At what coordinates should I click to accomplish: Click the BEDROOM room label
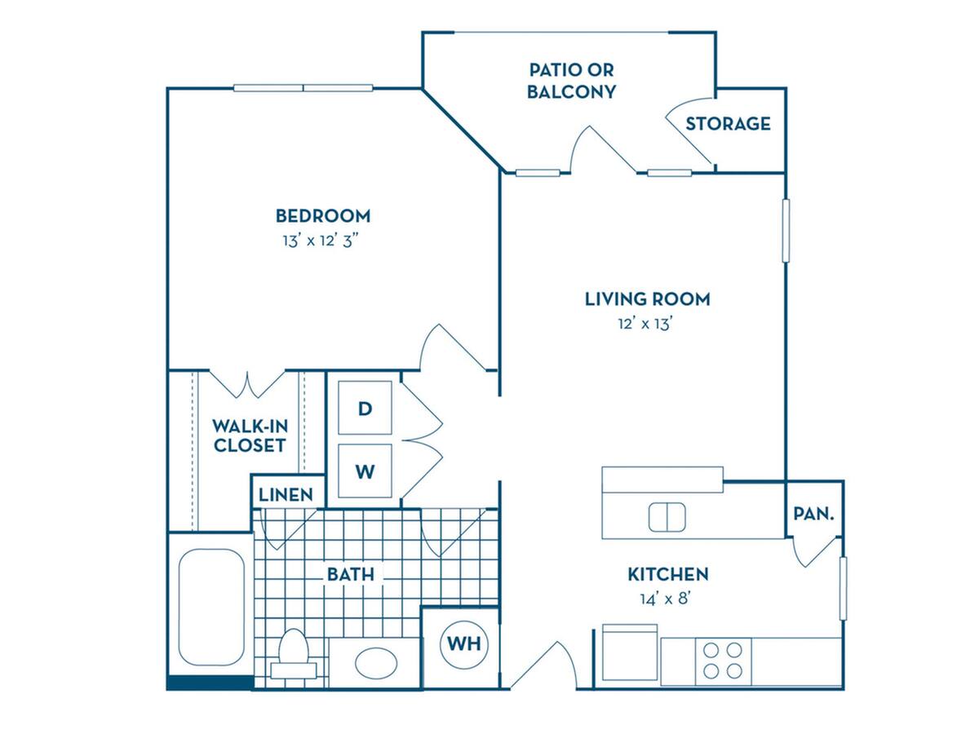click(323, 216)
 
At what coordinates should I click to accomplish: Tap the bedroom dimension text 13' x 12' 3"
click(321, 241)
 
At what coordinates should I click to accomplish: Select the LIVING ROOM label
click(648, 299)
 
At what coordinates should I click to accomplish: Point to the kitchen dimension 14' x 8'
click(666, 599)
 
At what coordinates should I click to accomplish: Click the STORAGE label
click(728, 124)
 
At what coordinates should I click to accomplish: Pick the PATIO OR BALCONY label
click(571, 81)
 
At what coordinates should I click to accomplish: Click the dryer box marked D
click(365, 407)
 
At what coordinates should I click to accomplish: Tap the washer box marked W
click(365, 471)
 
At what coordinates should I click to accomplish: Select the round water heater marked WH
click(464, 644)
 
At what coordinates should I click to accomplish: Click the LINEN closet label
click(286, 495)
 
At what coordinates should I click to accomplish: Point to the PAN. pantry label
click(813, 514)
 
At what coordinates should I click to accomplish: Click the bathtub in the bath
click(211, 607)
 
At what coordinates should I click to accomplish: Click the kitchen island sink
click(667, 517)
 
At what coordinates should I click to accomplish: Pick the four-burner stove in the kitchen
click(723, 661)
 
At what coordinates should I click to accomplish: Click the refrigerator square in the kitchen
click(630, 652)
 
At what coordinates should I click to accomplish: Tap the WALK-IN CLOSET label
click(250, 436)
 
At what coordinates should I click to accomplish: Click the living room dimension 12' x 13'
click(645, 324)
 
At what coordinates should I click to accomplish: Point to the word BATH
click(351, 574)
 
